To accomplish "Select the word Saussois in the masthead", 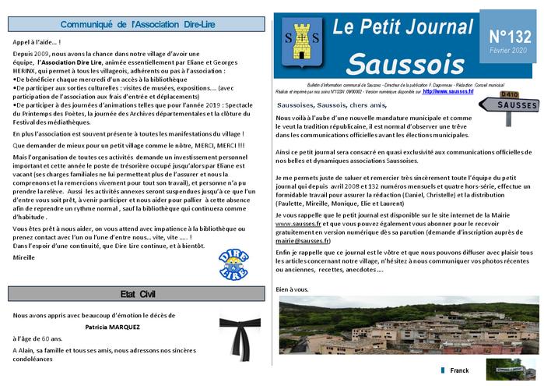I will (x=405, y=62).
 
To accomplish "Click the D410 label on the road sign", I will (x=488, y=95).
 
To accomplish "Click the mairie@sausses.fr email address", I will (x=303, y=242).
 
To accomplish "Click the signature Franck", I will (x=459, y=370).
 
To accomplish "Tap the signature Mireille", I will (x=25, y=255).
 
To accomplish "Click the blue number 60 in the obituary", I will (x=46, y=340).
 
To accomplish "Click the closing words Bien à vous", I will (x=292, y=289).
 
